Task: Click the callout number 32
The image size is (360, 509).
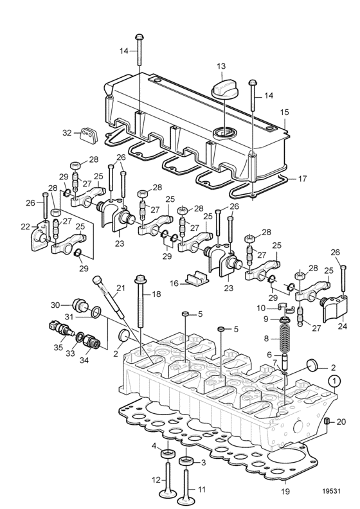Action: (x=67, y=133)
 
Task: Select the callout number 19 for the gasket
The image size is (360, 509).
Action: (x=285, y=491)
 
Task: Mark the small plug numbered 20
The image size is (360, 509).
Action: (x=327, y=421)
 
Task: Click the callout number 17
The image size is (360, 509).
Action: (x=302, y=179)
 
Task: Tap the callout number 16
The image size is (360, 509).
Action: (x=174, y=283)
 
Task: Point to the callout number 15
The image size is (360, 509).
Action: (x=284, y=112)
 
